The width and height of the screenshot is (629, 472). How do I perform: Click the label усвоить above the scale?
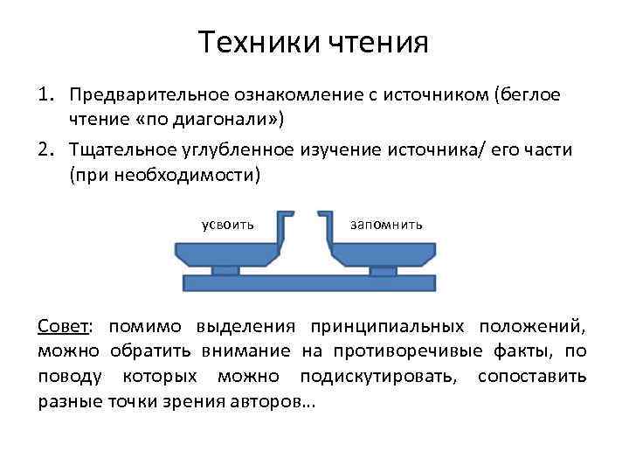(228, 225)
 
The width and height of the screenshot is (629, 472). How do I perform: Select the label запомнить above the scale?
(386, 225)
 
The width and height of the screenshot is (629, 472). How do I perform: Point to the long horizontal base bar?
(309, 282)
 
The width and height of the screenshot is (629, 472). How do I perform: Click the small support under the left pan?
(225, 270)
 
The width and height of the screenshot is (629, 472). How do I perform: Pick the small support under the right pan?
(383, 270)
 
